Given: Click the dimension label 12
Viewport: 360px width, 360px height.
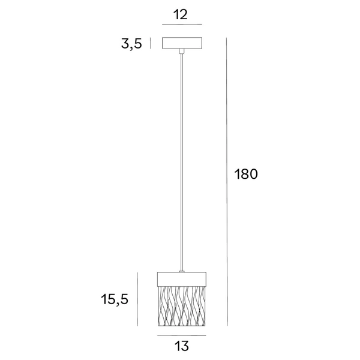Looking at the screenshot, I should tap(182, 15).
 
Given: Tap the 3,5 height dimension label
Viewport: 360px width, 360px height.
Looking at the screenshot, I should tap(131, 44).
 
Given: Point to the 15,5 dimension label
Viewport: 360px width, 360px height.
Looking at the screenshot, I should tap(116, 298).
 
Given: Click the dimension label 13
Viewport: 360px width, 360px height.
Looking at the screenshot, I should tap(182, 346).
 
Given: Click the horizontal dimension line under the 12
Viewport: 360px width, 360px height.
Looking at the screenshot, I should tap(182, 25).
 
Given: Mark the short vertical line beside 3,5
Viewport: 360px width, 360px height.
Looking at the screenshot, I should tap(150, 43).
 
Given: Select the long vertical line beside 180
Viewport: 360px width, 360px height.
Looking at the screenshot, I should tap(226, 180).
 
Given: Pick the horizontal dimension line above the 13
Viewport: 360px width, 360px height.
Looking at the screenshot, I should tap(182, 334).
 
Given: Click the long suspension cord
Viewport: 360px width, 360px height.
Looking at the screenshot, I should tap(182, 162).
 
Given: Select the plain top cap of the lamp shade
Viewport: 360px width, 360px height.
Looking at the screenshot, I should tap(182, 278).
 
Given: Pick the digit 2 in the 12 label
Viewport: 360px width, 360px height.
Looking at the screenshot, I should tap(186, 15).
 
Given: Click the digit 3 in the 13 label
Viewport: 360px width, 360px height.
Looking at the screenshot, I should tap(186, 346).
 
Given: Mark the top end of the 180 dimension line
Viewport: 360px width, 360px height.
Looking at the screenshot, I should tap(226, 37).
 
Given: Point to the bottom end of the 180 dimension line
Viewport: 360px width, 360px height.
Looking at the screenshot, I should tap(226, 326).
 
